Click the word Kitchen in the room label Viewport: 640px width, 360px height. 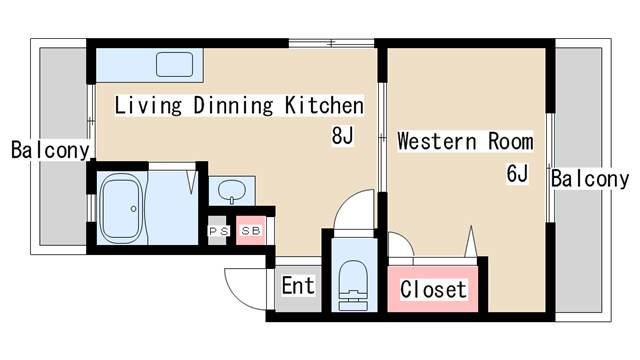[x=324, y=105]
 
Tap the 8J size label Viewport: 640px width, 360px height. [x=342, y=136]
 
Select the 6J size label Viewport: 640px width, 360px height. [x=517, y=173]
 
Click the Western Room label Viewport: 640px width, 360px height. [x=465, y=141]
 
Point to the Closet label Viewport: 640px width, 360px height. [x=433, y=289]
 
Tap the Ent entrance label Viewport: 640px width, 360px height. [x=298, y=285]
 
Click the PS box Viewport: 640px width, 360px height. [x=218, y=231]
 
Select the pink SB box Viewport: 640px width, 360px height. [x=251, y=231]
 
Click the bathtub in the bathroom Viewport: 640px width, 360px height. [x=122, y=208]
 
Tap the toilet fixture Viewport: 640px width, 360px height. [x=353, y=285]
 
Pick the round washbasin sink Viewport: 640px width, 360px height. [x=232, y=190]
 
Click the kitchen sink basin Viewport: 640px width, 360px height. [x=174, y=64]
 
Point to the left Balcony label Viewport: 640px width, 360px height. [x=50, y=150]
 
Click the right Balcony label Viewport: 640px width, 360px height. [x=590, y=179]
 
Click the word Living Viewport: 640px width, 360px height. [x=148, y=105]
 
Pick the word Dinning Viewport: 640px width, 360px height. [x=233, y=105]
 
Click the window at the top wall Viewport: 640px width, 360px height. [x=331, y=43]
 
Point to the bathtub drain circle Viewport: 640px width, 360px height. [x=133, y=209]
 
